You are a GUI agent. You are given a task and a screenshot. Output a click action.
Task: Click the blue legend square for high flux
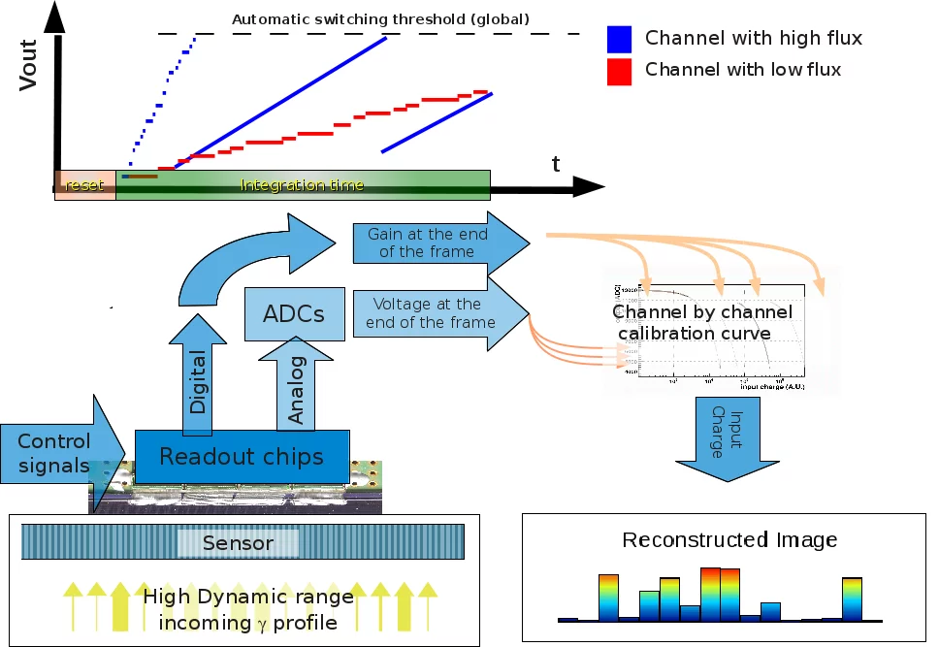point(620,39)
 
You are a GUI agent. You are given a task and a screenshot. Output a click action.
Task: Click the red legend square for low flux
point(620,71)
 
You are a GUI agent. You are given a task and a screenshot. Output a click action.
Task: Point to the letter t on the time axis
point(556,164)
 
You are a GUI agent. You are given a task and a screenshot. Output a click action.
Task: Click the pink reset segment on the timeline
point(84,185)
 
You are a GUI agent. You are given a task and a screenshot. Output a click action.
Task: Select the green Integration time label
point(302,185)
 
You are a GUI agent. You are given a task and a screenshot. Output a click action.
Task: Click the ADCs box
point(294,314)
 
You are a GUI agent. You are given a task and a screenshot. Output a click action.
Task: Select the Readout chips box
point(241,456)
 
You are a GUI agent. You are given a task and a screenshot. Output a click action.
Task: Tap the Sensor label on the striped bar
point(238,543)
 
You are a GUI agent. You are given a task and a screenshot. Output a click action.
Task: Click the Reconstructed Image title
point(729,540)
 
